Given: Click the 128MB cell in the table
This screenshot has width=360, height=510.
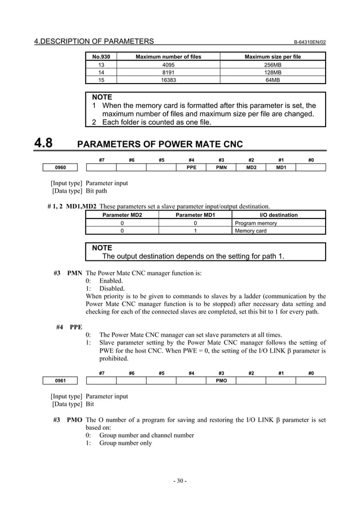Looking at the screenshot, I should click(272, 72).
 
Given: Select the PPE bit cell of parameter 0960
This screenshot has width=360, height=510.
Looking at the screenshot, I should click(191, 168).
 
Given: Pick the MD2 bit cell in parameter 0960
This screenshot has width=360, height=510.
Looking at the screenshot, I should click(251, 168).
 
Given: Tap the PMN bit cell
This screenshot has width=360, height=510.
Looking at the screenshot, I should click(221, 168).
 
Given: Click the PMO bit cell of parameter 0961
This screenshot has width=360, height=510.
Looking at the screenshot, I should click(221, 381).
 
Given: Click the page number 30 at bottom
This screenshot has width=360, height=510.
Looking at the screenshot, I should click(179, 481).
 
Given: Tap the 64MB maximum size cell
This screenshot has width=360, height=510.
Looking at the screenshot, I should click(272, 80).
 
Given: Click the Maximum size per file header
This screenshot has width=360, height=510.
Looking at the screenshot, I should click(272, 57).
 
